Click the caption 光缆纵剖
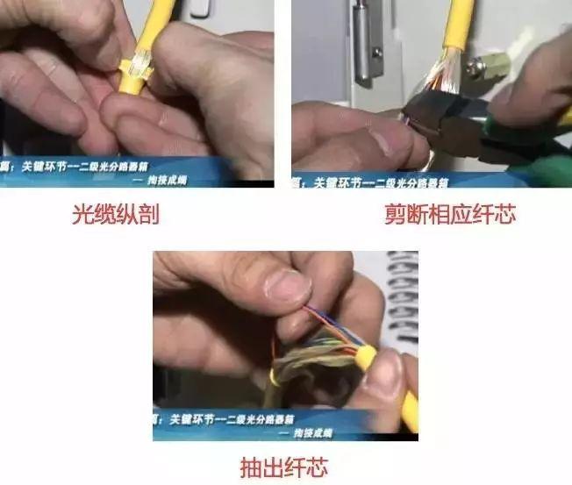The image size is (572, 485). click(x=114, y=214)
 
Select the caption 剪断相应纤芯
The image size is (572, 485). click(x=449, y=214)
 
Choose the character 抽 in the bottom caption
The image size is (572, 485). click(x=252, y=467)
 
